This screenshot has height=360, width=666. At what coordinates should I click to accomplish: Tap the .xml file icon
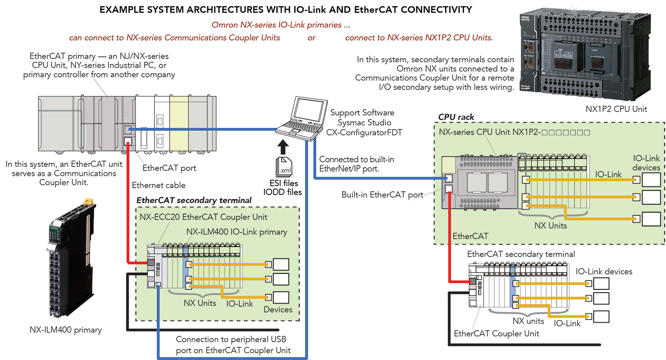(x=285, y=166)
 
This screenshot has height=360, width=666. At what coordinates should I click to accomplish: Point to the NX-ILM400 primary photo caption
(x=66, y=330)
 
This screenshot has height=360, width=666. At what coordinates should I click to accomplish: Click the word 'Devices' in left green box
(x=278, y=309)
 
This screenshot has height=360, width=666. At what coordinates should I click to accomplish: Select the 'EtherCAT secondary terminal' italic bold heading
(x=194, y=200)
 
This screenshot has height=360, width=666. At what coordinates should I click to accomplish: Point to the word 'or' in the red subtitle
(x=312, y=38)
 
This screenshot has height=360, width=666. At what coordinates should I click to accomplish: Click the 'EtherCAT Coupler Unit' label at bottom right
(x=496, y=333)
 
